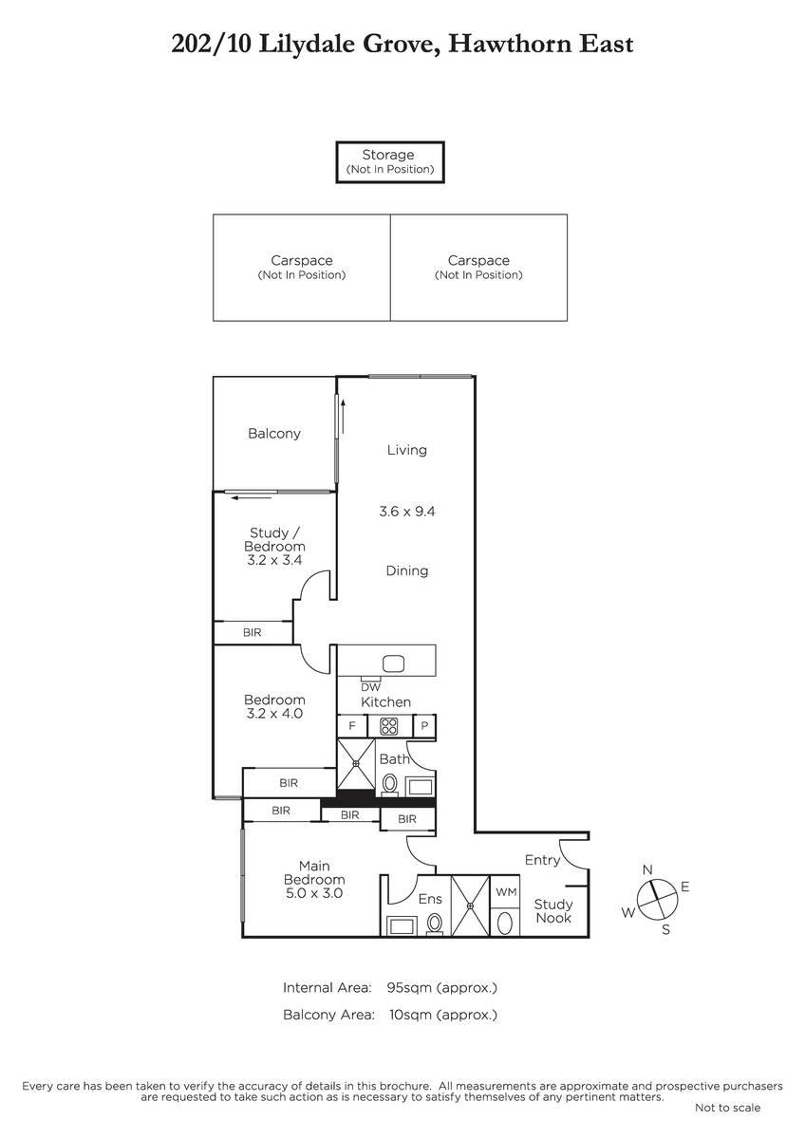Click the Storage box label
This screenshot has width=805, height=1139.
click(388, 155)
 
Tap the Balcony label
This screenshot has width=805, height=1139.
click(274, 434)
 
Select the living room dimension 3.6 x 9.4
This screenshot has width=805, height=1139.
click(407, 511)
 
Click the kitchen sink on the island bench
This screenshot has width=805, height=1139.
click(393, 663)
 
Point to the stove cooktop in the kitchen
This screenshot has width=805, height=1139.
click(389, 726)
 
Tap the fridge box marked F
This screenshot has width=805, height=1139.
click(352, 726)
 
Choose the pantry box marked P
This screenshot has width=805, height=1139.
click(424, 726)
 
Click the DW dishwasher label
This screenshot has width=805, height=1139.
click(371, 687)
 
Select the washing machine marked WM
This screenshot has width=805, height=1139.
click(506, 892)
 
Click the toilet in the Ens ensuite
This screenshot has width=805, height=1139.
click(434, 923)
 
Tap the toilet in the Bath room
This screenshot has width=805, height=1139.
click(389, 784)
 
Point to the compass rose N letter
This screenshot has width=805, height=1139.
click(647, 870)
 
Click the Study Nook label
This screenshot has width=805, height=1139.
click(553, 911)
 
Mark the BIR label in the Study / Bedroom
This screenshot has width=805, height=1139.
click(253, 632)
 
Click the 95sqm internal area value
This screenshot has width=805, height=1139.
click(409, 987)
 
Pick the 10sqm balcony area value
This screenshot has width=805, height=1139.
click(410, 1015)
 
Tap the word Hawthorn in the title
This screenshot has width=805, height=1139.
click(511, 44)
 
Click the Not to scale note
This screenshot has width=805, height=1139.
click(728, 1108)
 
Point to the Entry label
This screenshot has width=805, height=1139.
click(542, 860)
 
